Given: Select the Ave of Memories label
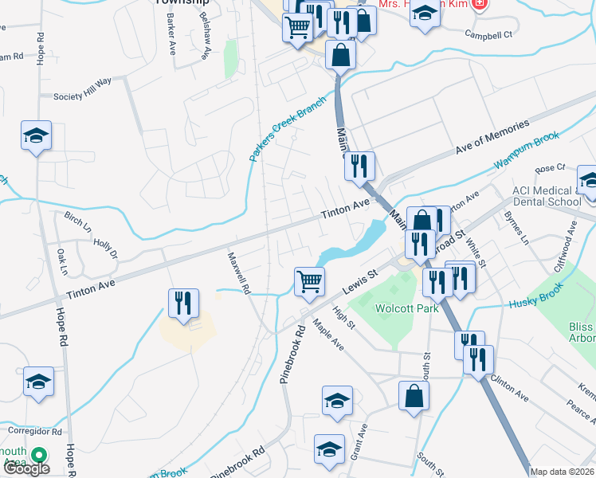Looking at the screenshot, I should pyautogui.click(x=492, y=138).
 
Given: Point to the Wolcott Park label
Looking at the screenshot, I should pyautogui.click(x=408, y=309).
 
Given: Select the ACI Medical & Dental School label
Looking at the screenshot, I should pyautogui.click(x=547, y=196).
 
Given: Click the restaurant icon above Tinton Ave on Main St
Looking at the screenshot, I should pyautogui.click(x=360, y=166).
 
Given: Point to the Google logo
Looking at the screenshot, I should pyautogui.click(x=26, y=468).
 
